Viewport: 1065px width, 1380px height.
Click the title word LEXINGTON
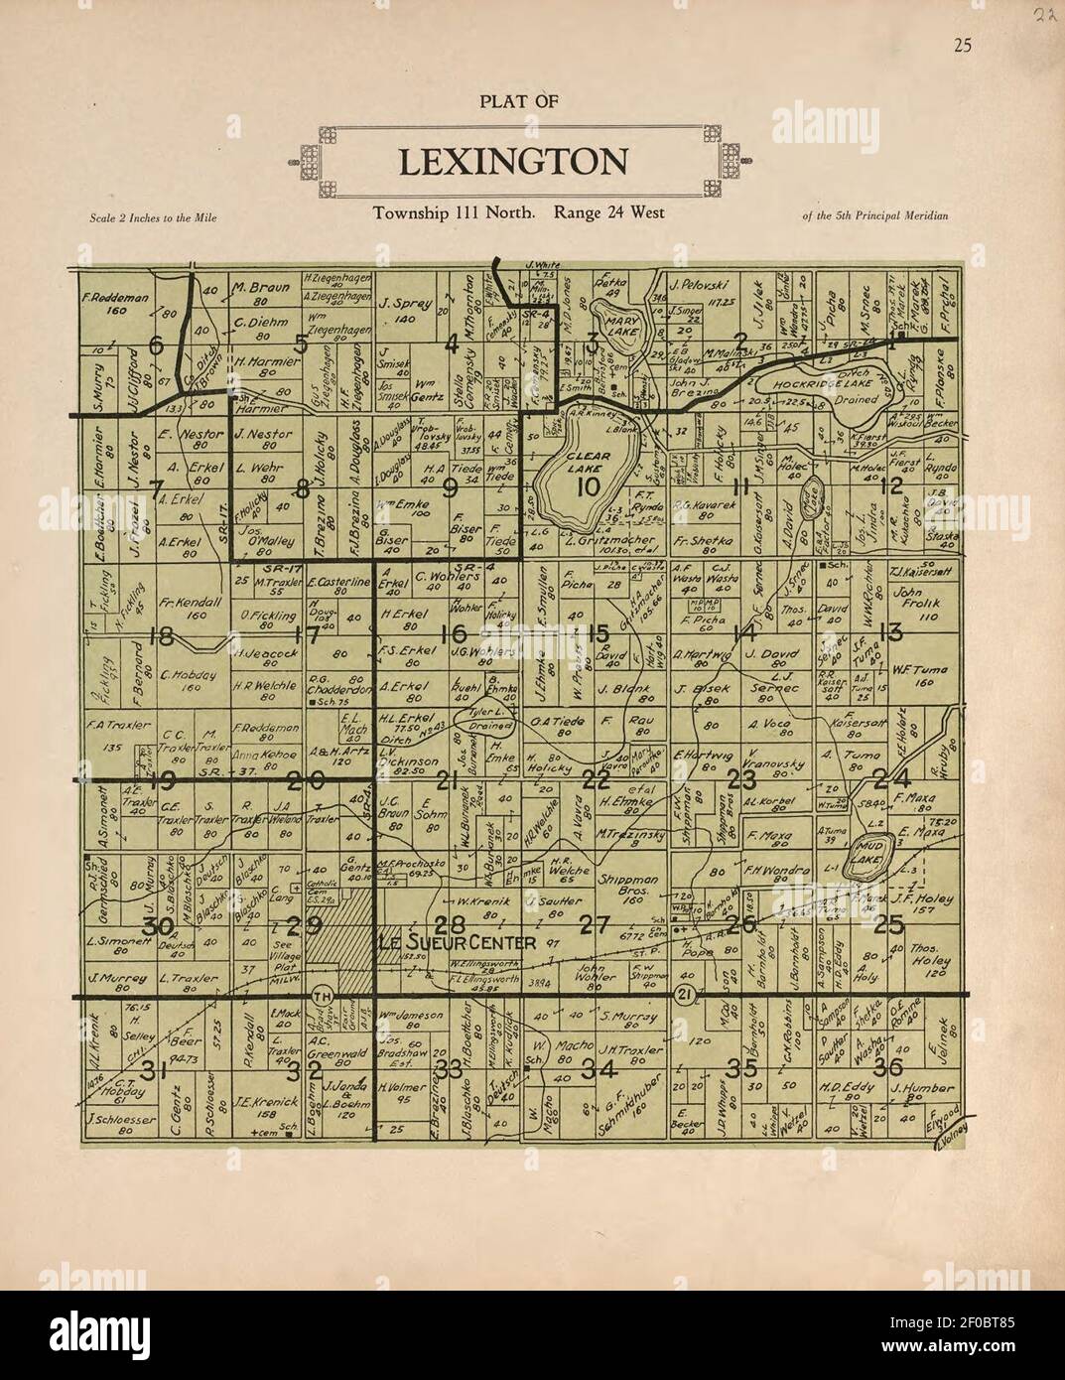click(512, 161)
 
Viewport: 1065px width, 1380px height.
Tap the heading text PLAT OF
click(518, 99)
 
